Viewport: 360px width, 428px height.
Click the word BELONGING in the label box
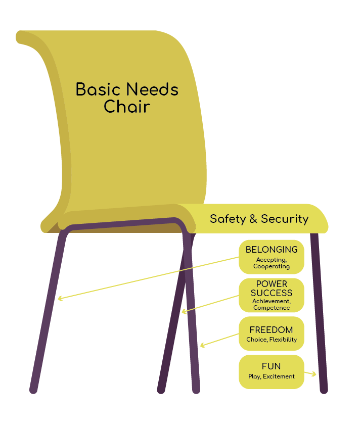(272, 250)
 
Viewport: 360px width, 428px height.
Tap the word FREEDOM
(271, 330)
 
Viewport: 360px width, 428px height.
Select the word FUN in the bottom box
(271, 366)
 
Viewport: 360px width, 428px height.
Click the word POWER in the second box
(272, 284)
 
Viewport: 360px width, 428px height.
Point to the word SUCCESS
(272, 293)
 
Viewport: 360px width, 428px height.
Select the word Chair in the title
(127, 107)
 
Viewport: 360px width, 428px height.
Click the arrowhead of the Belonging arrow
(60, 299)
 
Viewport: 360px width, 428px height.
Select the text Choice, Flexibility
(272, 340)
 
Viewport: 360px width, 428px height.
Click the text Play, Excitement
(272, 376)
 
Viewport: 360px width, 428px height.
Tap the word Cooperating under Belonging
(272, 266)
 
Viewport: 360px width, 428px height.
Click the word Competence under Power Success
(272, 308)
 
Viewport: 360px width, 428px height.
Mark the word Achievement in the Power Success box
(271, 302)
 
